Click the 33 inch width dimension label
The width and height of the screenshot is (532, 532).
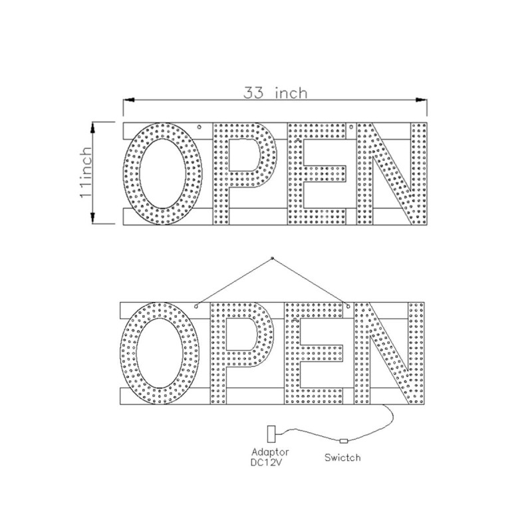275,92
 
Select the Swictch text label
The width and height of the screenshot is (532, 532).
343,458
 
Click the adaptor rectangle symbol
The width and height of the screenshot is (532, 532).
271,434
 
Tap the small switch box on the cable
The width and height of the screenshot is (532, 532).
343,441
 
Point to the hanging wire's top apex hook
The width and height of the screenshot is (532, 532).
273,257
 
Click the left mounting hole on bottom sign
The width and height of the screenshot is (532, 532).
197,306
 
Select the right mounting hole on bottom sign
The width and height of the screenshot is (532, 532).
347,306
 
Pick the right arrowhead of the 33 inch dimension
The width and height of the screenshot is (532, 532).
422,100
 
